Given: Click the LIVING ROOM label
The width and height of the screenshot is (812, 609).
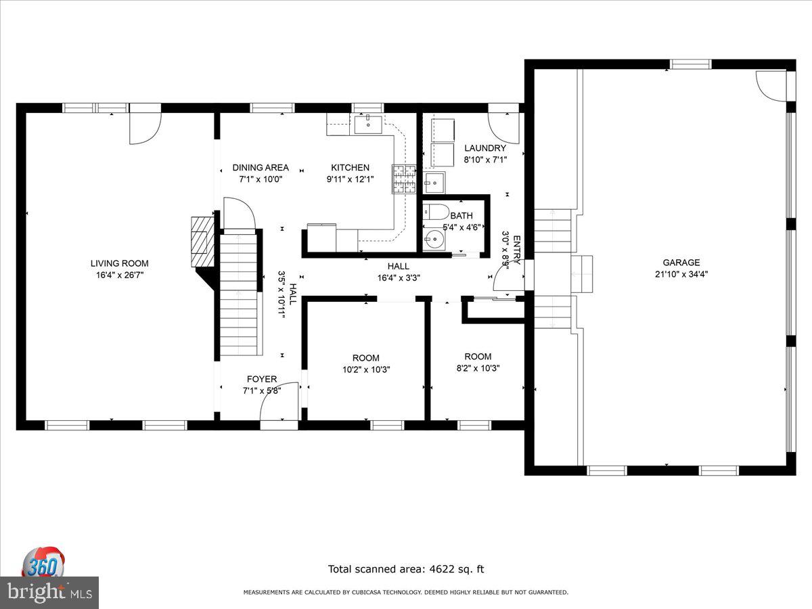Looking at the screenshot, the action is click(x=120, y=263).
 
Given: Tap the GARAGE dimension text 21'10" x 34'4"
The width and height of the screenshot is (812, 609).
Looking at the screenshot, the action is click(x=681, y=274).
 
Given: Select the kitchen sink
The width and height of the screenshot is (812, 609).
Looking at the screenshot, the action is click(x=368, y=125).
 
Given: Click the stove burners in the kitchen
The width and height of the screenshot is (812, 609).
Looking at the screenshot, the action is click(x=404, y=179).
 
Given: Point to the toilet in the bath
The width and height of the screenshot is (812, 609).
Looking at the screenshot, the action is click(x=436, y=212).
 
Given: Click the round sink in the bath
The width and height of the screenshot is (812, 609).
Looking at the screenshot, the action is click(x=434, y=240).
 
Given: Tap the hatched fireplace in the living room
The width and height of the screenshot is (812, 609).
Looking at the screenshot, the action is click(x=203, y=242).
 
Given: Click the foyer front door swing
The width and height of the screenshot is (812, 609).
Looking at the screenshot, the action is click(x=279, y=401).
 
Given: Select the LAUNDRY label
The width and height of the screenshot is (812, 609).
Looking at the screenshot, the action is click(x=485, y=148).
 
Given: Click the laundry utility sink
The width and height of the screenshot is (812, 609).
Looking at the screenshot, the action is click(x=434, y=182).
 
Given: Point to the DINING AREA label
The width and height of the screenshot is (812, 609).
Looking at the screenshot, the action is click(x=261, y=168).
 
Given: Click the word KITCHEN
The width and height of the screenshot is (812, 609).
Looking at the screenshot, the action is click(x=350, y=168).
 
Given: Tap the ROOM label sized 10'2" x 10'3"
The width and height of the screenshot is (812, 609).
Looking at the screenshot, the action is click(x=366, y=358).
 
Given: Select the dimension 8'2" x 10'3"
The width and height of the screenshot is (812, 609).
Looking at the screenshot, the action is click(x=478, y=368).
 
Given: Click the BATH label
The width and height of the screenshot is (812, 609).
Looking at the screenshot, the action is click(x=461, y=216).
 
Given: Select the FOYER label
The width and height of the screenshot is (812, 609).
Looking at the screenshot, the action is click(x=262, y=379).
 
